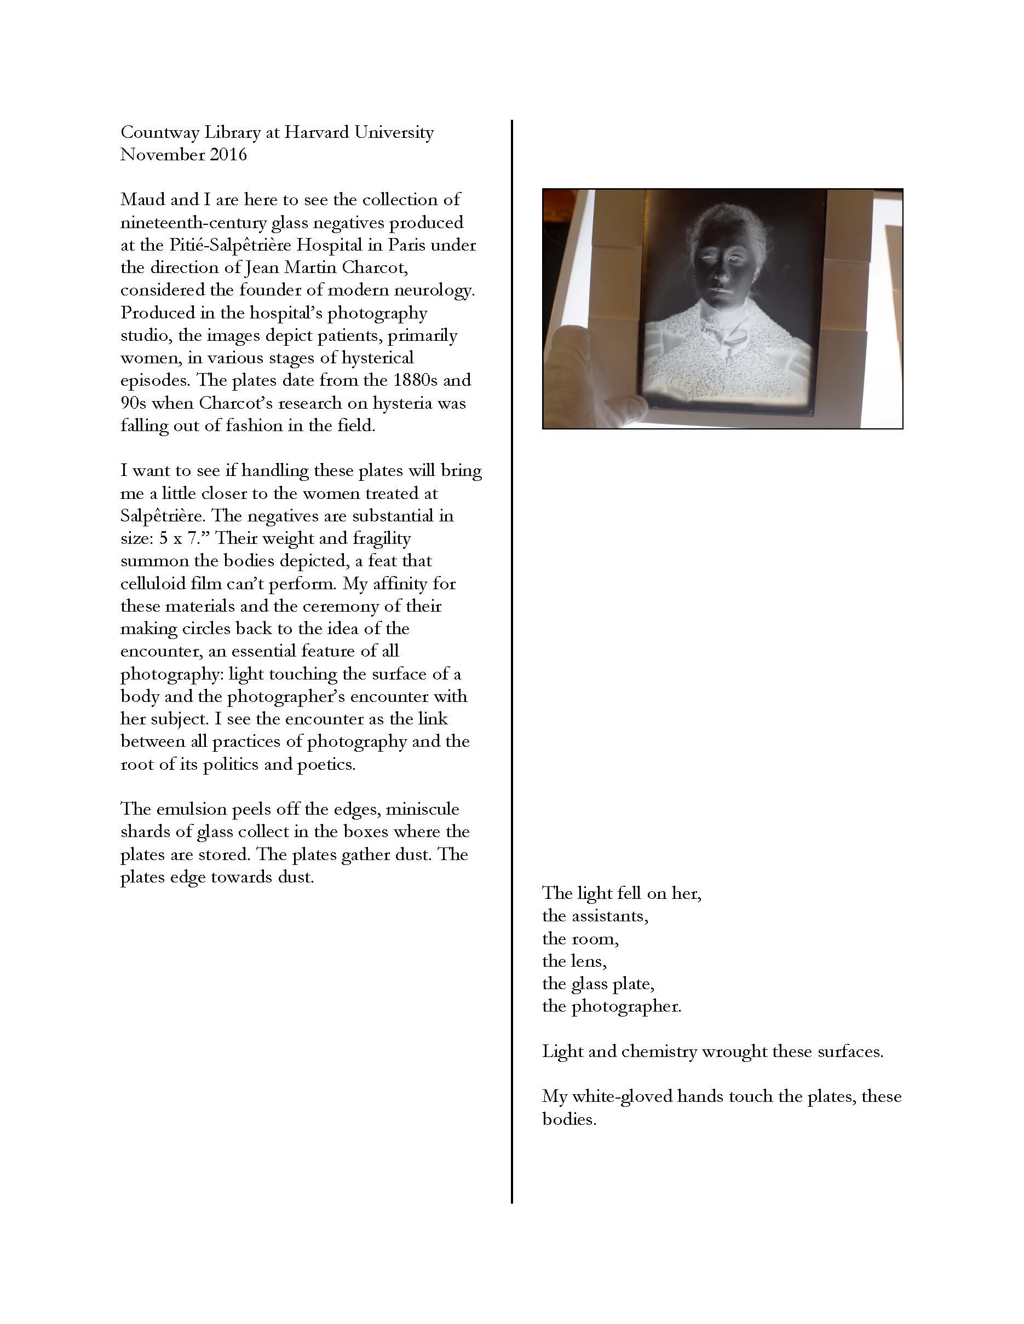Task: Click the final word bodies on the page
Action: tap(569, 1119)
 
